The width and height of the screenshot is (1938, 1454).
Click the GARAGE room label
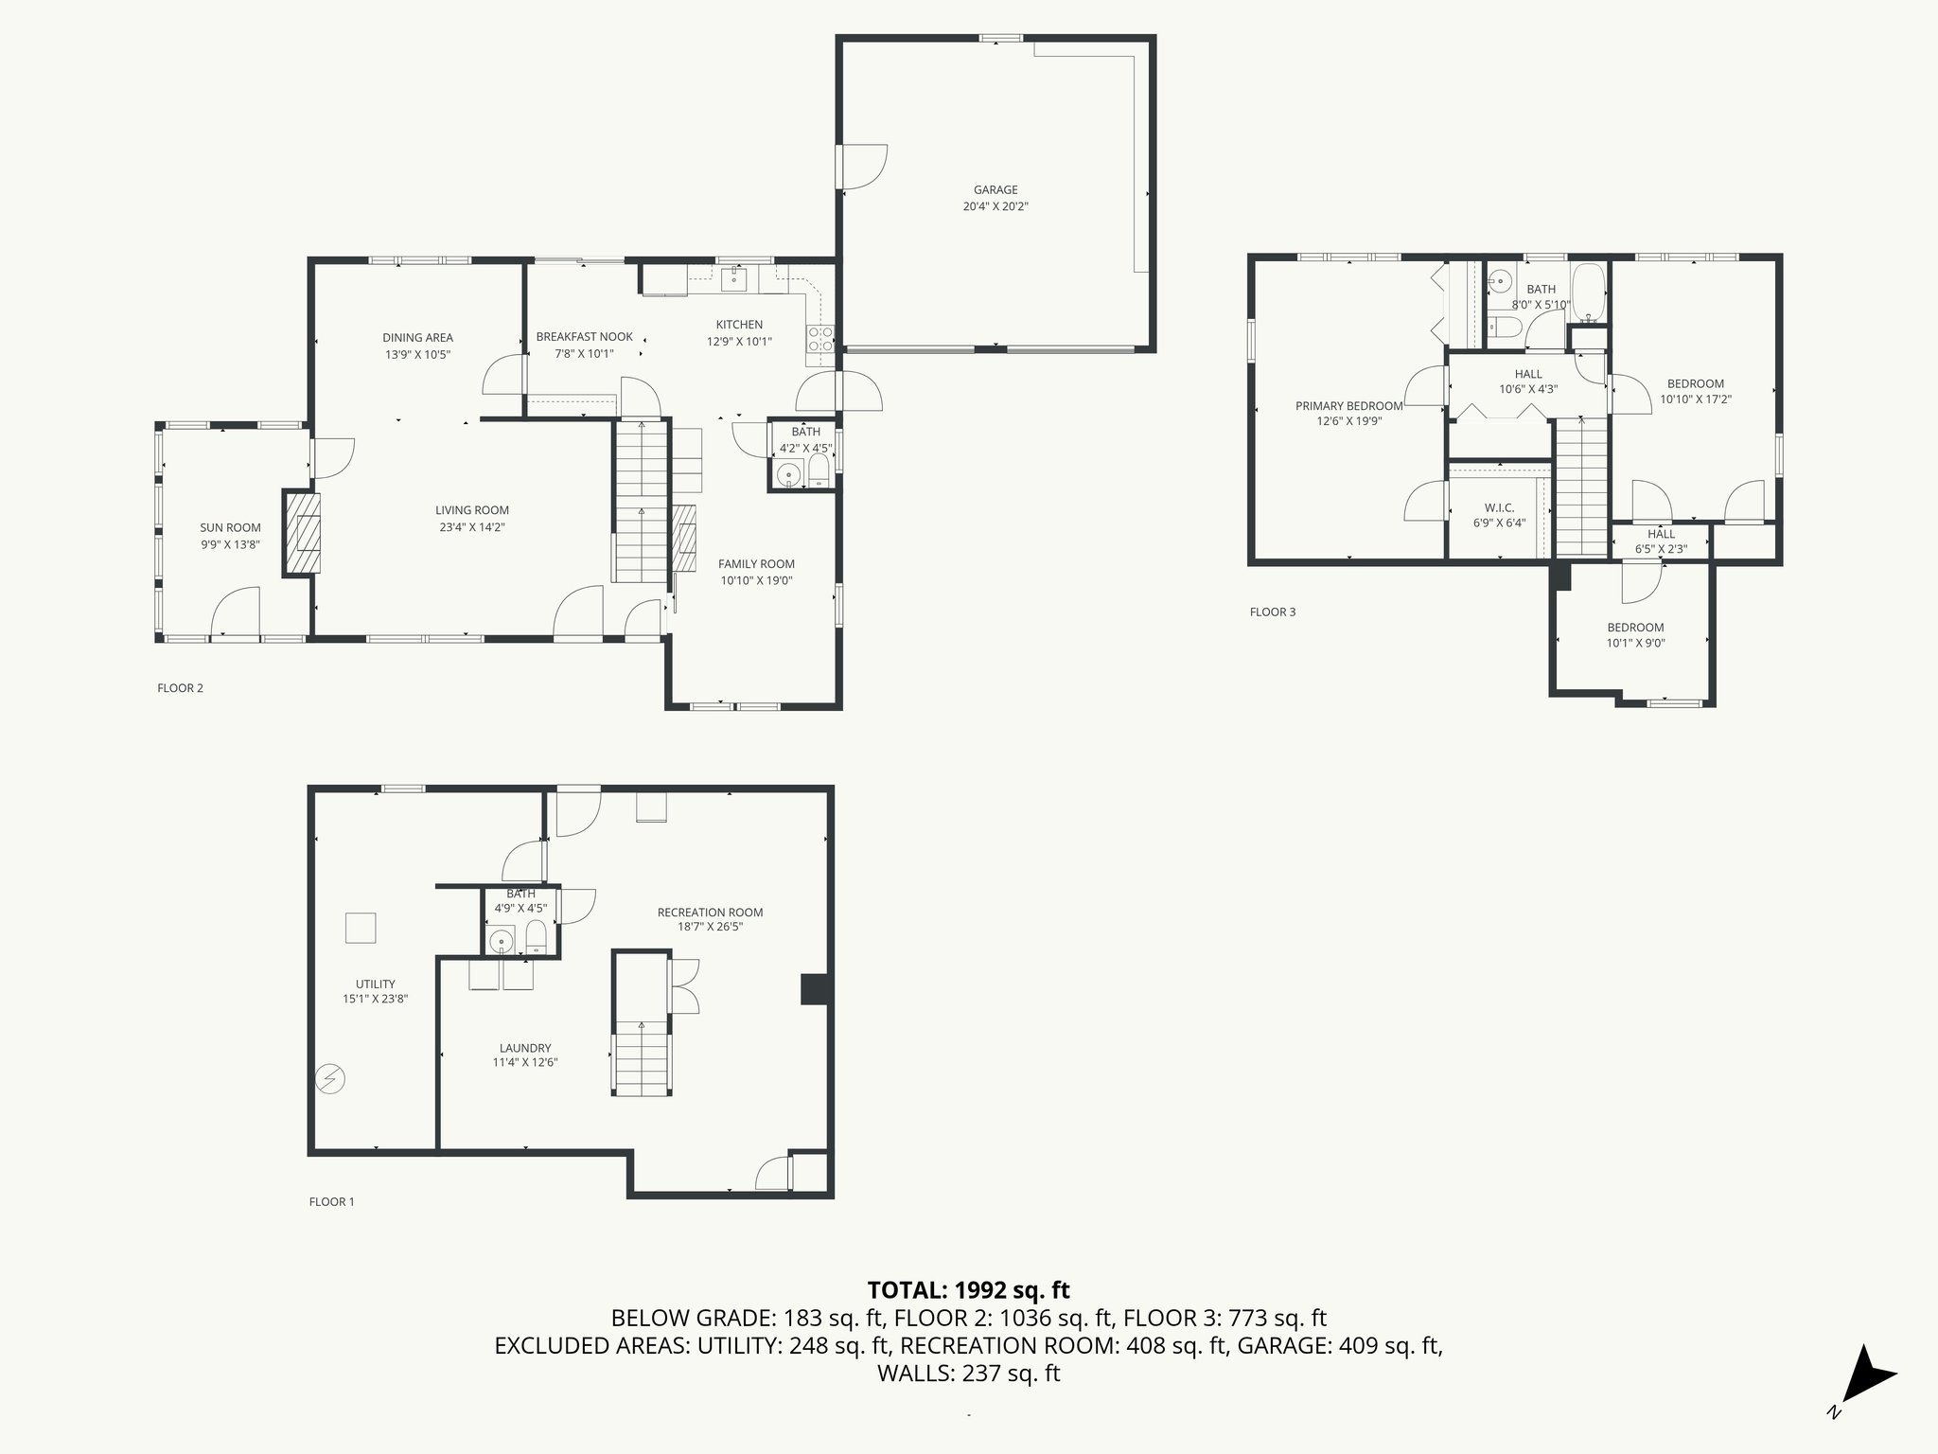(995, 190)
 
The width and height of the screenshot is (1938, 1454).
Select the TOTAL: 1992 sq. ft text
(968, 1289)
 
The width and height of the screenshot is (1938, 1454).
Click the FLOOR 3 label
(1272, 612)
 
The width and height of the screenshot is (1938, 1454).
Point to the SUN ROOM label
(230, 528)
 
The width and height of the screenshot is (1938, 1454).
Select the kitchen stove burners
(819, 340)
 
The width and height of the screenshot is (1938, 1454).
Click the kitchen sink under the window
(734, 278)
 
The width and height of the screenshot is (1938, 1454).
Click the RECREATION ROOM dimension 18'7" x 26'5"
(710, 927)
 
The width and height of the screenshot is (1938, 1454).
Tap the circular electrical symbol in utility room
(331, 1078)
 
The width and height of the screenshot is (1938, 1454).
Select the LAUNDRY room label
(525, 1048)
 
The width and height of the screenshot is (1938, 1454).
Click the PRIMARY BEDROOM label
(1348, 406)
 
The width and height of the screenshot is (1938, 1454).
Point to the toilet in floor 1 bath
(536, 939)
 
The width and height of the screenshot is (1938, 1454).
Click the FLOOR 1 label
(331, 1201)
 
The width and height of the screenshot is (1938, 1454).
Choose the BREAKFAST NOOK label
(584, 337)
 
